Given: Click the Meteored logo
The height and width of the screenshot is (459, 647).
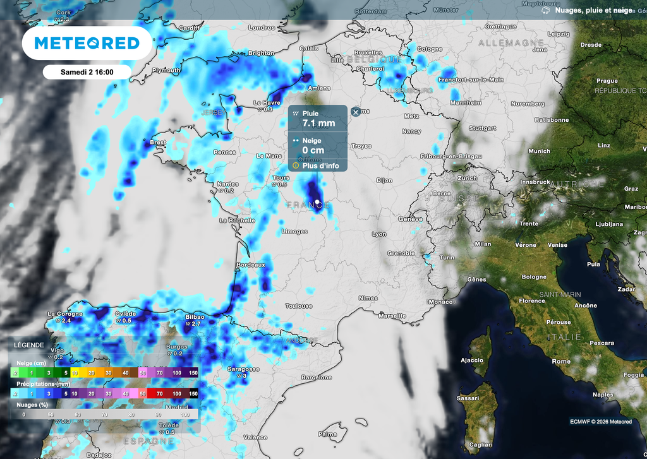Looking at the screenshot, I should pos(87,43).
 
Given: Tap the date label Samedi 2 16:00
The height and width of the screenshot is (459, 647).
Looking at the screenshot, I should pos(87,72).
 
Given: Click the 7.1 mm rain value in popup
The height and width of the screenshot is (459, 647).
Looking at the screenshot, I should pos(318,122).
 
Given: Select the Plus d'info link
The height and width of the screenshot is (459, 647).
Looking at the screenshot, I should pos(320,166).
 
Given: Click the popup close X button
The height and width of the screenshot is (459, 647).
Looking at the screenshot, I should pos(356,112).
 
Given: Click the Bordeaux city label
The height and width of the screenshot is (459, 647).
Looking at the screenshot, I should pos(251,265).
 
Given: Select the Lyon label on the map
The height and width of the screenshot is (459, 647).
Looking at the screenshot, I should pos(379,234).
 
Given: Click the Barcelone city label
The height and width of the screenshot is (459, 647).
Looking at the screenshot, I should pos(317,378).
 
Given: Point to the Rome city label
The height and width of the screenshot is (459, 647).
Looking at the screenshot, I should pos(561,362).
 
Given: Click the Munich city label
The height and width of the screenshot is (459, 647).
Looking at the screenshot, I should pos(539,152).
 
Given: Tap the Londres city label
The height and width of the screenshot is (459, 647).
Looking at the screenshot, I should pos(262,28).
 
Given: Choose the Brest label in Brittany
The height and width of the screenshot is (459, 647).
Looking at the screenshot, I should pos(158,143).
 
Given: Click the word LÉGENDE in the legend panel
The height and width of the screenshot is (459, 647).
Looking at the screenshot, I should pos(30,345).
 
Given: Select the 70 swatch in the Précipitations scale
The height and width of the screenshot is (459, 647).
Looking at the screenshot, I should pos(160,393).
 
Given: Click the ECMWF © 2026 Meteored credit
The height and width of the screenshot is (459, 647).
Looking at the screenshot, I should pos(600,422).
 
